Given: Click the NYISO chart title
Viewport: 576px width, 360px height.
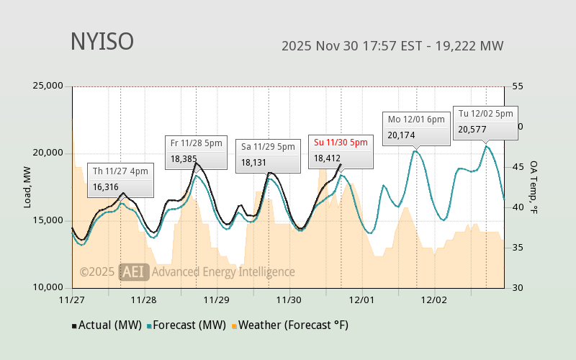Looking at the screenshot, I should click(x=102, y=42).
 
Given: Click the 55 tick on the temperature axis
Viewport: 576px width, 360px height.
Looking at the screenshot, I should click(x=518, y=86).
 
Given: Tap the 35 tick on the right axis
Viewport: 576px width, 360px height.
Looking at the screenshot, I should click(x=518, y=248).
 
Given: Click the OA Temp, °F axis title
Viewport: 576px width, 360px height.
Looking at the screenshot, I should click(x=534, y=187).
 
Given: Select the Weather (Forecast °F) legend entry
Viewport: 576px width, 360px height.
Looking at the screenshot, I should click(x=290, y=325).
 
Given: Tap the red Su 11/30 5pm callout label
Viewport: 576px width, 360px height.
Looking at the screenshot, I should click(x=341, y=143).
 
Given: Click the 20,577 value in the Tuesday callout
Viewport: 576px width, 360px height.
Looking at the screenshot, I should click(x=472, y=130).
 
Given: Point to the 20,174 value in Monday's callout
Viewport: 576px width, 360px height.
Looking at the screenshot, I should click(x=402, y=135).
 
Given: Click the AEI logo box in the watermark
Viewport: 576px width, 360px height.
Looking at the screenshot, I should click(x=134, y=271).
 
